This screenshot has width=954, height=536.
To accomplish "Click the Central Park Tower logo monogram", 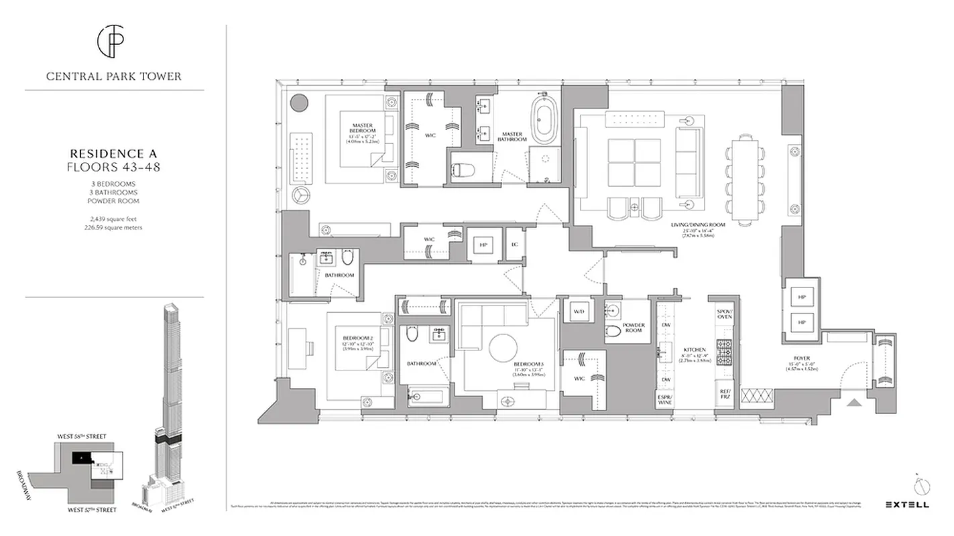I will [x=113, y=42].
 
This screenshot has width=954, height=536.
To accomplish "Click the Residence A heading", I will [x=113, y=153].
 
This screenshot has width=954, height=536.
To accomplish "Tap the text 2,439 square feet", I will [x=113, y=218].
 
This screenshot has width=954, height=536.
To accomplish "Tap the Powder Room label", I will [x=634, y=328].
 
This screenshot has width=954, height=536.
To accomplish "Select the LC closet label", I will [x=515, y=245].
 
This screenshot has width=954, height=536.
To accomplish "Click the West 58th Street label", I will [x=82, y=437].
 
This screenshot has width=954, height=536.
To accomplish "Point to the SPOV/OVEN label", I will [x=725, y=314].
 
